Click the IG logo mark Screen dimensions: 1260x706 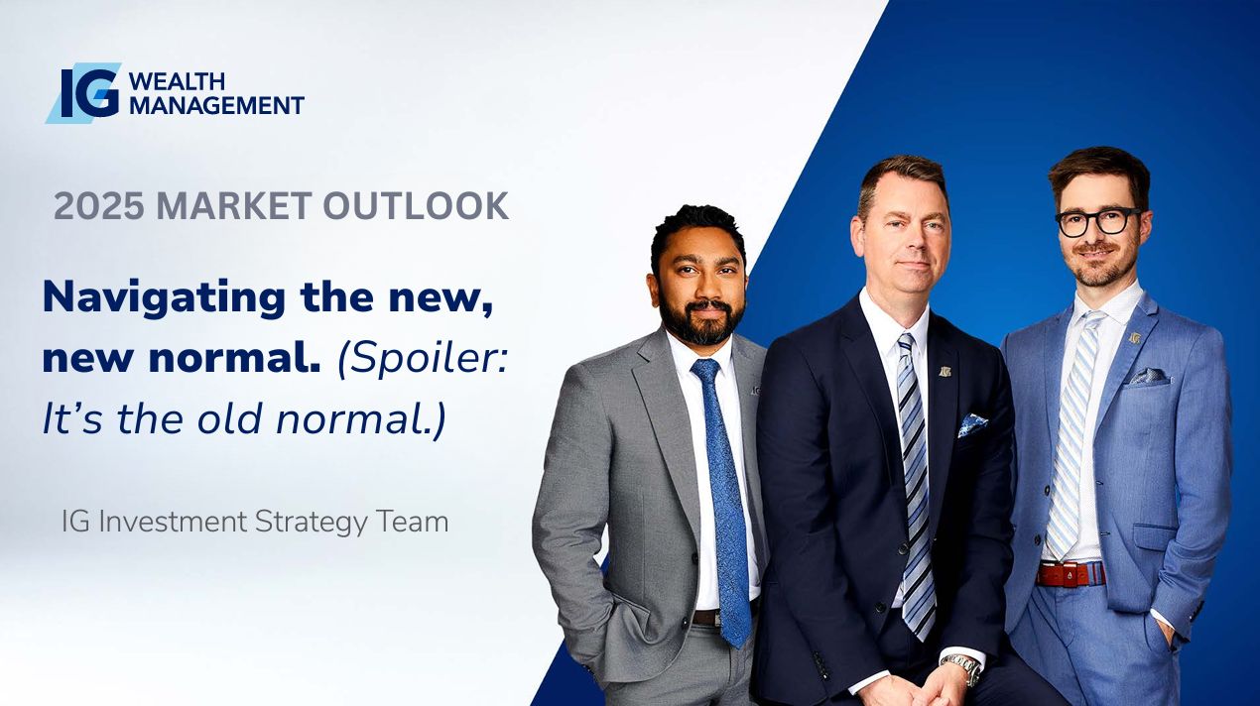83,93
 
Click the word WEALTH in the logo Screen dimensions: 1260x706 178,81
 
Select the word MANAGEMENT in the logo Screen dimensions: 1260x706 217,105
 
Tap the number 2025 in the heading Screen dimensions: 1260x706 98,205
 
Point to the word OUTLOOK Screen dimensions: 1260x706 416,205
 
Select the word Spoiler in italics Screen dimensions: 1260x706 422,359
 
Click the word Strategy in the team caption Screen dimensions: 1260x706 311,523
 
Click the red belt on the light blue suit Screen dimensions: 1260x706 1071,574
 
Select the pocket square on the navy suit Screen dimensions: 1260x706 972,424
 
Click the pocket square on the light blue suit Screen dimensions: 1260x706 1149,376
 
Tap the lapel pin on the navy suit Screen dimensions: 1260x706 945,371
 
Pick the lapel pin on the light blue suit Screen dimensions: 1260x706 1135,337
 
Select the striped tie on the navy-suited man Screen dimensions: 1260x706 916,484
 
